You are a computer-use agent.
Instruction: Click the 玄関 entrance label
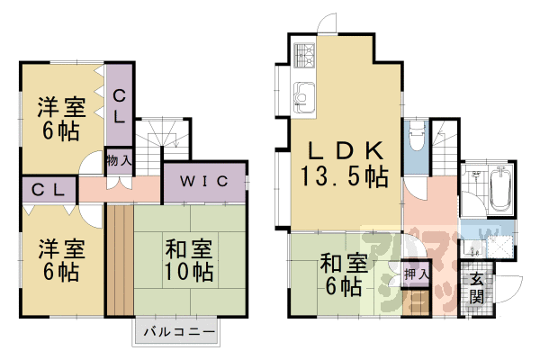click(x=476, y=287)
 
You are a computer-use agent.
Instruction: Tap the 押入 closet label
click(x=416, y=274)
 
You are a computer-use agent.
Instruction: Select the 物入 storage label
click(x=118, y=160)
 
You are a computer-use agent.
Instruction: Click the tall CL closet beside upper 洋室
click(x=119, y=103)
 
